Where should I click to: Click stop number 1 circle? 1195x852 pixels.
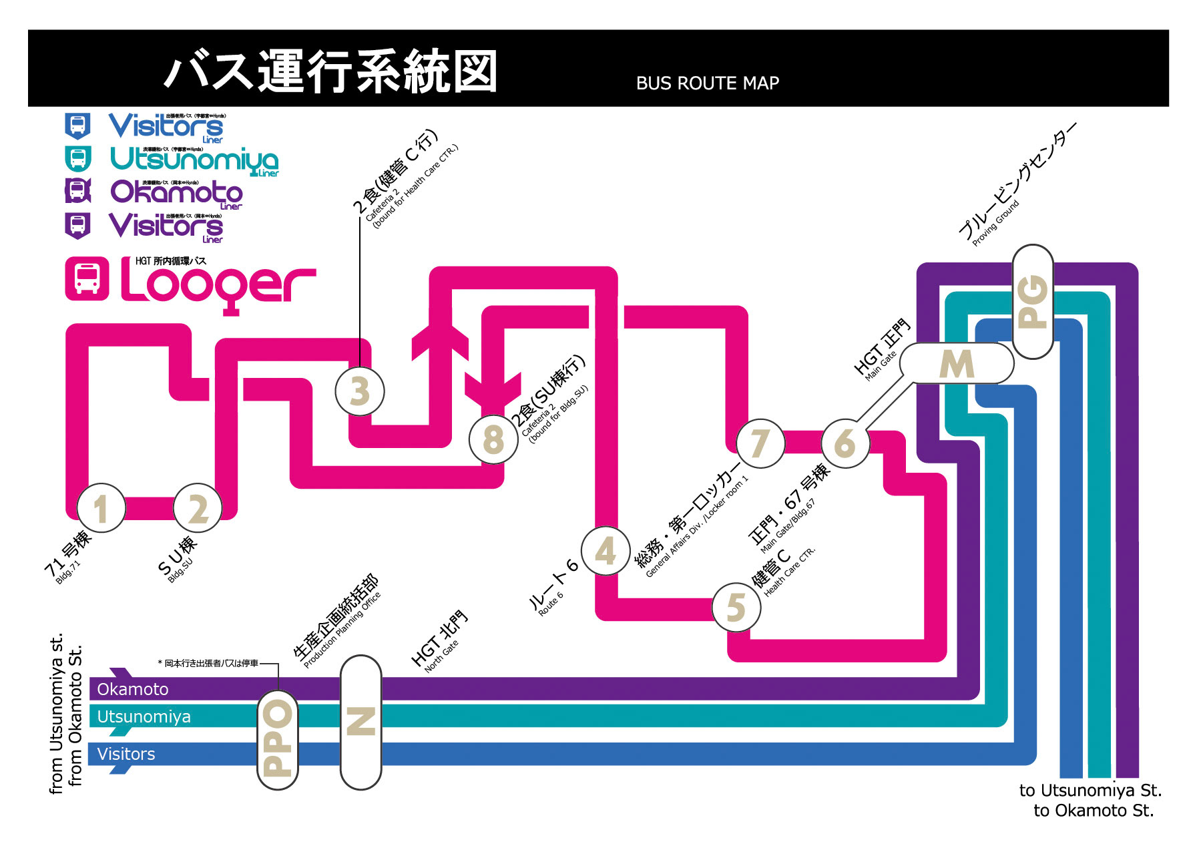pyautogui.click(x=101, y=508)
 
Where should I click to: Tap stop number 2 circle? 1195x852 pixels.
pyautogui.click(x=198, y=508)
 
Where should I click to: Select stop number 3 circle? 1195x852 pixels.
pyautogui.click(x=360, y=391)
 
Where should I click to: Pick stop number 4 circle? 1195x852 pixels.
pyautogui.click(x=606, y=551)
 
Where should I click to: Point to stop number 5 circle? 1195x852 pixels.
pyautogui.click(x=736, y=607)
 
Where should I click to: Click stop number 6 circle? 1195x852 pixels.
pyautogui.click(x=845, y=443)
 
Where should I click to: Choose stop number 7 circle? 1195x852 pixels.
pyautogui.click(x=760, y=443)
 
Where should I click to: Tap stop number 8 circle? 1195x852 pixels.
pyautogui.click(x=493, y=439)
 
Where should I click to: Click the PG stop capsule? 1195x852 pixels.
pyautogui.click(x=1033, y=302)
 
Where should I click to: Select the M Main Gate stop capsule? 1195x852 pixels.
pyautogui.click(x=957, y=364)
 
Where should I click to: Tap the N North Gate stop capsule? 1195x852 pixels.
pyautogui.click(x=361, y=722)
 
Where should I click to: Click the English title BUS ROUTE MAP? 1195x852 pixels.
pyautogui.click(x=707, y=83)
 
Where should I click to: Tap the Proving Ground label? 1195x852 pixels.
pyautogui.click(x=995, y=223)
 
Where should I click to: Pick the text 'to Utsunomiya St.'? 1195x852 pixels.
pyautogui.click(x=1090, y=791)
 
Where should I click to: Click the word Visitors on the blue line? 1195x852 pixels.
pyautogui.click(x=126, y=755)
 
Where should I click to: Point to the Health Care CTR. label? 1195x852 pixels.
pyautogui.click(x=789, y=572)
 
